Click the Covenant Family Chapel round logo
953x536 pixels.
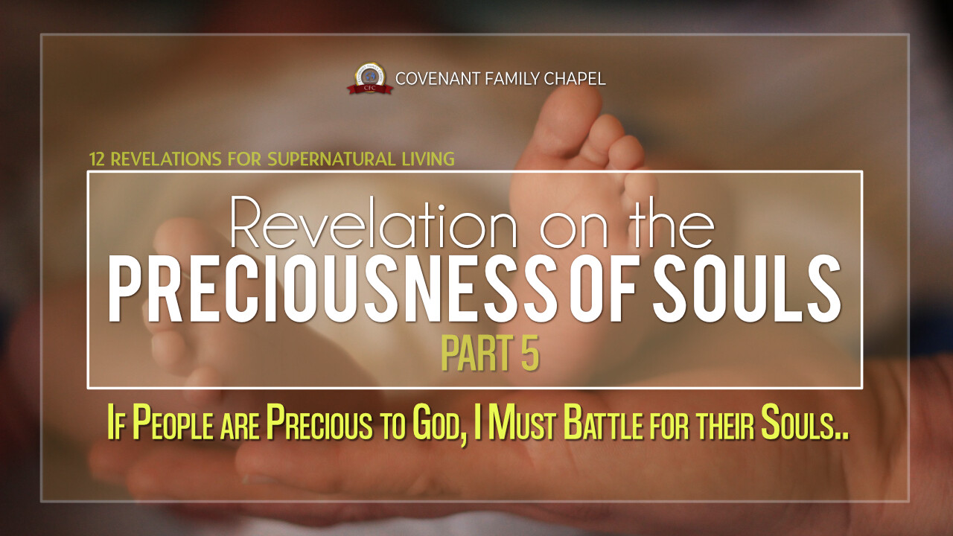point(370,79)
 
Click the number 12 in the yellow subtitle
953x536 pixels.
point(97,159)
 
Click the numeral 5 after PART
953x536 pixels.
point(530,353)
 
